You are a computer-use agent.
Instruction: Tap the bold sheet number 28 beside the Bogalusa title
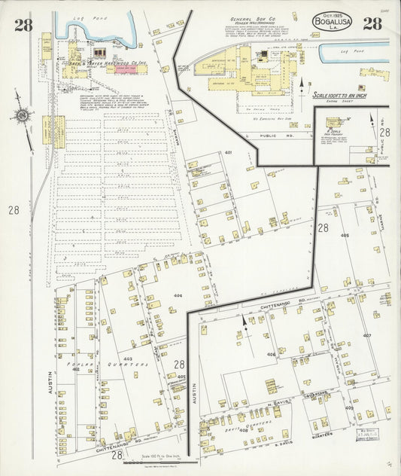[x=372, y=23]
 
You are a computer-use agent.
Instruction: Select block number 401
[x=228, y=154]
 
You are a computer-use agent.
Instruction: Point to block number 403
[x=128, y=359]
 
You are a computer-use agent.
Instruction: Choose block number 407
[x=367, y=335]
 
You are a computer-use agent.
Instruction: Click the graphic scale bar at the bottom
[x=158, y=462]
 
